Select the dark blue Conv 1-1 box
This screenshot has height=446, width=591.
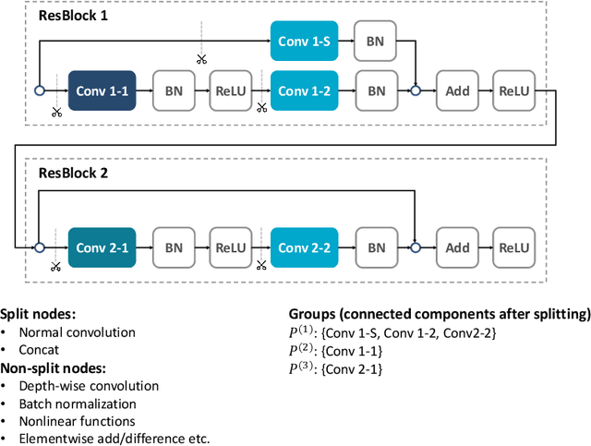[x=102, y=90]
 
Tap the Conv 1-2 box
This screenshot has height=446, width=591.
[x=305, y=90]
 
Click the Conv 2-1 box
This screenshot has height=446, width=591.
[x=102, y=247]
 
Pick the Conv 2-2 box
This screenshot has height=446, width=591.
[x=305, y=247]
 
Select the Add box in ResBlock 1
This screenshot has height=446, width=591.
[x=457, y=90]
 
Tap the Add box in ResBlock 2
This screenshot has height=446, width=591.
[x=457, y=247]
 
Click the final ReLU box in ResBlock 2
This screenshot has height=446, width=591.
[x=513, y=247]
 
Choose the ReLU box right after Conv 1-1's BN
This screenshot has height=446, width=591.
[x=231, y=90]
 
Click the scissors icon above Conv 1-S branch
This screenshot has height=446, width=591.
[x=201, y=59]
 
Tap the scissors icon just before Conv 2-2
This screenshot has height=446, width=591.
[x=261, y=266]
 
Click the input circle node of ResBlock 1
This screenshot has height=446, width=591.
[x=40, y=90]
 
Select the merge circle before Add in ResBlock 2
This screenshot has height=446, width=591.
[x=416, y=247]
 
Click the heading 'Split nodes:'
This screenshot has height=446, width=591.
[x=38, y=314]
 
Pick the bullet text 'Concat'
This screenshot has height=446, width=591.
[x=40, y=350]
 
